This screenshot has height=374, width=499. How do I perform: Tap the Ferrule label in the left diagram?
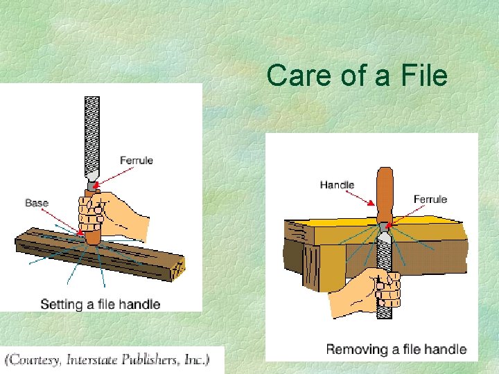(x=137, y=161)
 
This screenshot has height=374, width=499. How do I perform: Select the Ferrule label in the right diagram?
(x=430, y=199)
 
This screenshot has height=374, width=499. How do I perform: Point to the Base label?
(x=37, y=203)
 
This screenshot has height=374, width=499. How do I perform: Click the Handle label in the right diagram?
(x=337, y=185)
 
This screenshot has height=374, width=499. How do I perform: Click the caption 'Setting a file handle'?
(x=100, y=304)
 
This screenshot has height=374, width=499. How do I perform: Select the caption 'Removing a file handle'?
(x=396, y=349)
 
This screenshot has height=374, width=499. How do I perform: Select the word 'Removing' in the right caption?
(x=356, y=349)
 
